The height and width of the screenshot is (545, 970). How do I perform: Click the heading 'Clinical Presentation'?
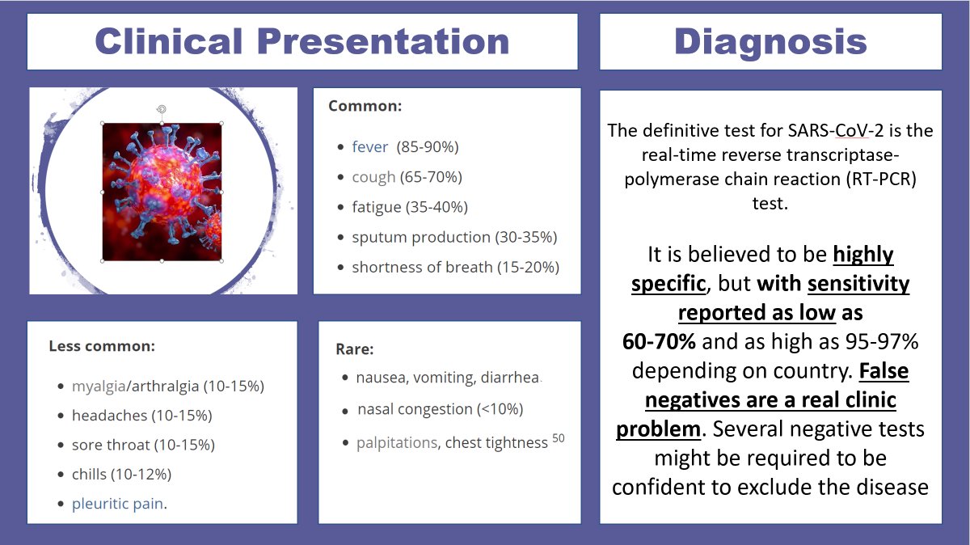click(302, 41)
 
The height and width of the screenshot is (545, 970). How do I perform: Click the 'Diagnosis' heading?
click(770, 41)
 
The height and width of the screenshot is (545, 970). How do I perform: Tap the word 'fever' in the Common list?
click(370, 147)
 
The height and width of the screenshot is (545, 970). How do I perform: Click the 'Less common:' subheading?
click(101, 346)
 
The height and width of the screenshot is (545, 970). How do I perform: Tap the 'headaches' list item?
click(110, 416)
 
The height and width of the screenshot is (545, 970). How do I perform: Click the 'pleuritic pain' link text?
click(117, 504)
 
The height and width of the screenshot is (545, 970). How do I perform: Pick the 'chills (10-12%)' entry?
click(121, 474)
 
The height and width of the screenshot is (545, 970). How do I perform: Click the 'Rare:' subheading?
click(355, 349)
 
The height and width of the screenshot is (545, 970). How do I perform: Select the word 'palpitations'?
click(397, 443)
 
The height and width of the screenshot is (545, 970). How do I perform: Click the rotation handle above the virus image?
click(162, 108)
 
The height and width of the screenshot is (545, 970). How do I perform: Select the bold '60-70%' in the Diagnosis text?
click(659, 341)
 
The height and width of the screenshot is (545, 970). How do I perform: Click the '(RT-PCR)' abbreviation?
click(879, 179)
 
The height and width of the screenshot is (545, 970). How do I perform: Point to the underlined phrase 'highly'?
click(863, 255)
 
